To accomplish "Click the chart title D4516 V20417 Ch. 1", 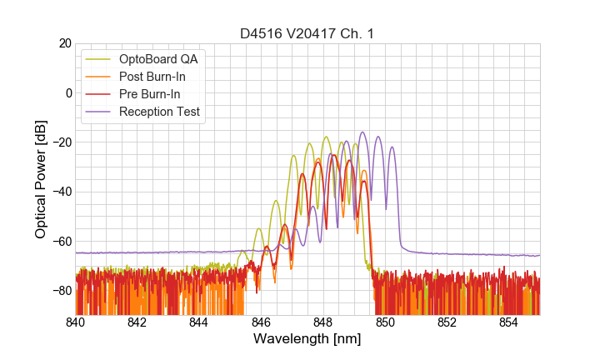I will (307, 34).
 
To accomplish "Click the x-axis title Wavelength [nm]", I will (307, 340).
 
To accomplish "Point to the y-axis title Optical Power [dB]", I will (41, 179).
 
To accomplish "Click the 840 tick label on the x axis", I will (76, 322).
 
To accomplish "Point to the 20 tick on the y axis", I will (64, 43).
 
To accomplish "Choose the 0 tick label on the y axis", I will (67, 92).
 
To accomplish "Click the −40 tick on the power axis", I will (61, 192).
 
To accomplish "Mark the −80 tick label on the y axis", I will (61, 291).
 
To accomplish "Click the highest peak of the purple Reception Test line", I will (362, 132).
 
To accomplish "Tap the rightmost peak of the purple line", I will (392, 147).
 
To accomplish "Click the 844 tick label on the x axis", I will (199, 322).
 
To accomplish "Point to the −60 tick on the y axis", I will (61, 242).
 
